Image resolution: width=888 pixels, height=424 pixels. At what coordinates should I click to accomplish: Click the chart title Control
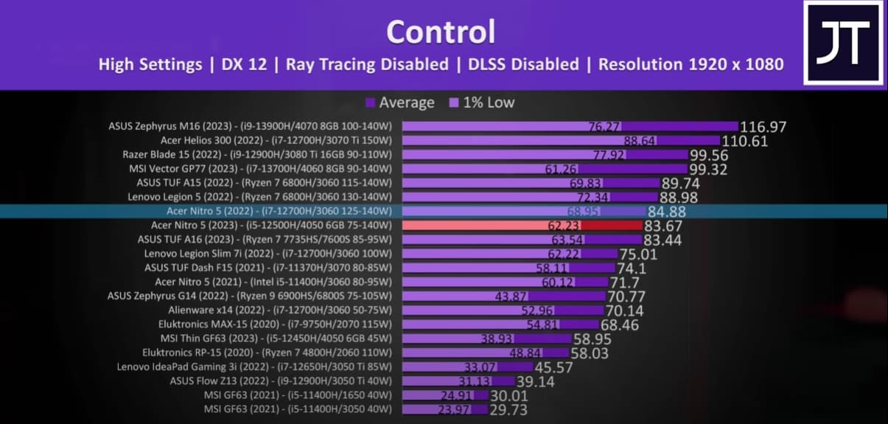coord(441,32)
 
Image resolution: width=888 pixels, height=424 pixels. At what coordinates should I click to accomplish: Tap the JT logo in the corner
coord(842,42)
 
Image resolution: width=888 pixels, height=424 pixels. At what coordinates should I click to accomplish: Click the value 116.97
coord(763,127)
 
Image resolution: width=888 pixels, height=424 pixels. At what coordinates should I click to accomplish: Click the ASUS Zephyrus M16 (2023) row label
coord(250,126)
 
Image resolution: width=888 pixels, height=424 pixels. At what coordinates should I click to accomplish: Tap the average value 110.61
coord(745,141)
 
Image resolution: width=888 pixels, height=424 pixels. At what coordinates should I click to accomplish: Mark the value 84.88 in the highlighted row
coord(668,212)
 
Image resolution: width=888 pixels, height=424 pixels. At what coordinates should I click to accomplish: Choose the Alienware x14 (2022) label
coord(280,310)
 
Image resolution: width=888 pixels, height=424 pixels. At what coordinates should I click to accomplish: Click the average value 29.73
coord(508,410)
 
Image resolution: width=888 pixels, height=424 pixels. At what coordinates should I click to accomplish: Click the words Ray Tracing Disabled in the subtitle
coord(367,64)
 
